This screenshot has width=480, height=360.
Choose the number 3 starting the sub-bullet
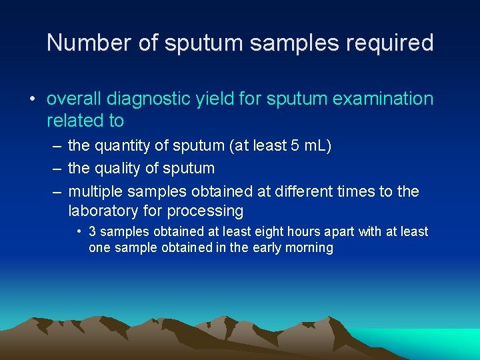[93, 231]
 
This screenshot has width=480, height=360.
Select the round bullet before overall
[31, 100]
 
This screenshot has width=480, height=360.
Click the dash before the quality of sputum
[57, 169]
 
